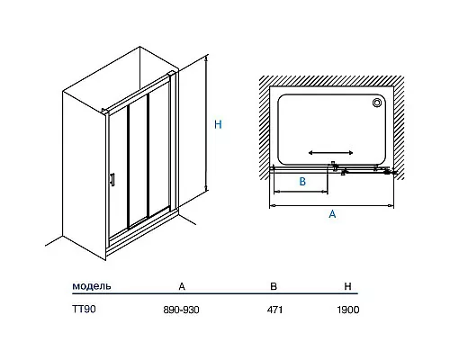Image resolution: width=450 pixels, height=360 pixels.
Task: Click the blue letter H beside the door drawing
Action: coord(218,124)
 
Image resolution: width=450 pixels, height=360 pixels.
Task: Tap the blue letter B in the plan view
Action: coord(302,182)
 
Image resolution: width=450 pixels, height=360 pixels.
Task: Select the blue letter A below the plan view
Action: coord(332,214)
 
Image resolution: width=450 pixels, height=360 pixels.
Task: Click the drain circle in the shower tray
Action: coord(377,103)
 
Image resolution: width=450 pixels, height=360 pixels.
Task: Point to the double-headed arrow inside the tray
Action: coord(330,153)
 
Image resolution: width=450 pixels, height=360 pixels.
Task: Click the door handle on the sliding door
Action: coord(112,180)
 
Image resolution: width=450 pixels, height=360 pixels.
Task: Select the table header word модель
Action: coord(92,286)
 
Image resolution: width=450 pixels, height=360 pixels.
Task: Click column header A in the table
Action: coord(182,286)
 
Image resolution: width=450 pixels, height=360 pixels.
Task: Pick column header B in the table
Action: coord(274,286)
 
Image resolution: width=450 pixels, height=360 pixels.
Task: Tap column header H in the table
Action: coord(347,286)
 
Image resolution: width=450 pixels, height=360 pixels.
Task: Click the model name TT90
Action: coord(84,310)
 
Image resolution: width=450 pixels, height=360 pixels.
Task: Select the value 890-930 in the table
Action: coord(181,310)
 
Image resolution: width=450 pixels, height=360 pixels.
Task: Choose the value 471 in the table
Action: coord(274,310)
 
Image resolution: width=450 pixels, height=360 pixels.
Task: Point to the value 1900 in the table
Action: coord(348,310)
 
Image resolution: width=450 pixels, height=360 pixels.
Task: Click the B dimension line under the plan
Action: coord(301,192)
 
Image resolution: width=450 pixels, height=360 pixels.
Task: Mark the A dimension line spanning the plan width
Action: coord(332,206)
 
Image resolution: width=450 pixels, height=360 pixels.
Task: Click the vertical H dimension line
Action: coord(206,123)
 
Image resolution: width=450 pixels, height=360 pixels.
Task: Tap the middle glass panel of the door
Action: coord(139,162)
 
